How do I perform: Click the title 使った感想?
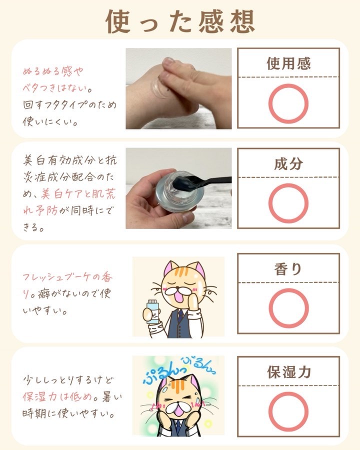point(180,22)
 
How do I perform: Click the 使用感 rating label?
point(288,63)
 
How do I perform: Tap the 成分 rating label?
point(288,164)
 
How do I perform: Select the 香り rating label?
point(288,269)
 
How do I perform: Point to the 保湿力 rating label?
point(289,372)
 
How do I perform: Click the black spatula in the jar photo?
point(201,181)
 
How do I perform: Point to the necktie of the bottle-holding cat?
point(180,316)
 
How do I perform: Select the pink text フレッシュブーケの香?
point(68,277)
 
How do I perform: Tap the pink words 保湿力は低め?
point(57,397)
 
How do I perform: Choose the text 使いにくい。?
point(49,121)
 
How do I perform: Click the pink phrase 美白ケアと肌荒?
point(78,194)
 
